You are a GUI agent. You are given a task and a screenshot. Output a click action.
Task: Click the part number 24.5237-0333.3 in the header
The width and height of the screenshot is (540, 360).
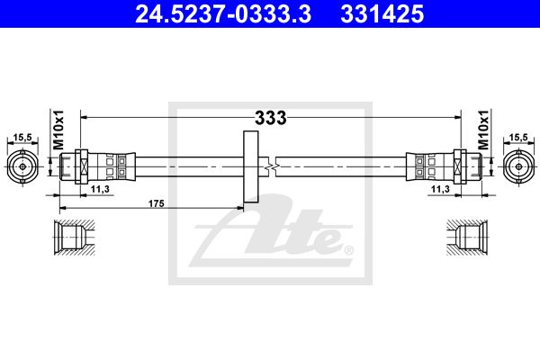[x=223, y=14]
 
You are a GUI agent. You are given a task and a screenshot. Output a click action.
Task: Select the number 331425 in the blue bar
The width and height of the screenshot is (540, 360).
[x=382, y=14]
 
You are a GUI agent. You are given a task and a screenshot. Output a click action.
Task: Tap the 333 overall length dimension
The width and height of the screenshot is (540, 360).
[x=270, y=118]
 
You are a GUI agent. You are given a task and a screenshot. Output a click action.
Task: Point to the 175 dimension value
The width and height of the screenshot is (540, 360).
[x=157, y=203]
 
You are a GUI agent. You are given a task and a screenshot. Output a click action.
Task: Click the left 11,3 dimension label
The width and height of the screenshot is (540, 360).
[x=100, y=189]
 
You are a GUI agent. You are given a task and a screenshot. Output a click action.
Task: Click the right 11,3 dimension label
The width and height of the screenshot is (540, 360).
[x=440, y=189]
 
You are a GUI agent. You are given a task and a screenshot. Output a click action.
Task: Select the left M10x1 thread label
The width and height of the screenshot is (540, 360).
[x=58, y=130]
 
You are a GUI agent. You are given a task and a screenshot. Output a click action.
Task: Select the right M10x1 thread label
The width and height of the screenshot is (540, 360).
[x=483, y=130]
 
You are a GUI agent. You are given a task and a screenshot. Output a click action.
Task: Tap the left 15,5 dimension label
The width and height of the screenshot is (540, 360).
[x=22, y=138]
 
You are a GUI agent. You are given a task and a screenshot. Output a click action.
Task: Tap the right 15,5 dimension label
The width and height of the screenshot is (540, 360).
[x=518, y=137]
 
